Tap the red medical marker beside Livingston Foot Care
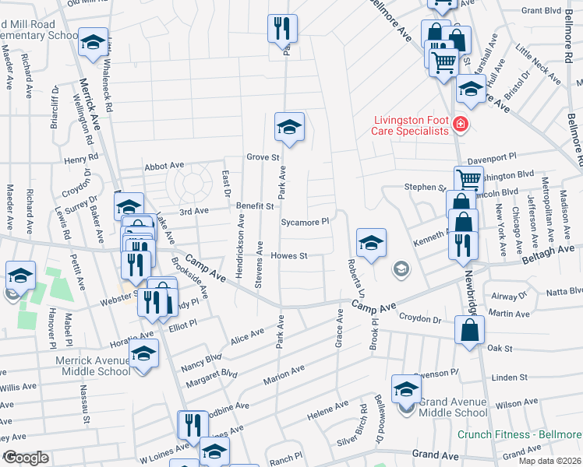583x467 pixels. (461, 124)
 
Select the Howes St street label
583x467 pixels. (289, 255)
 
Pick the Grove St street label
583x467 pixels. (263, 157)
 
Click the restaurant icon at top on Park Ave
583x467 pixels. (281, 30)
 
